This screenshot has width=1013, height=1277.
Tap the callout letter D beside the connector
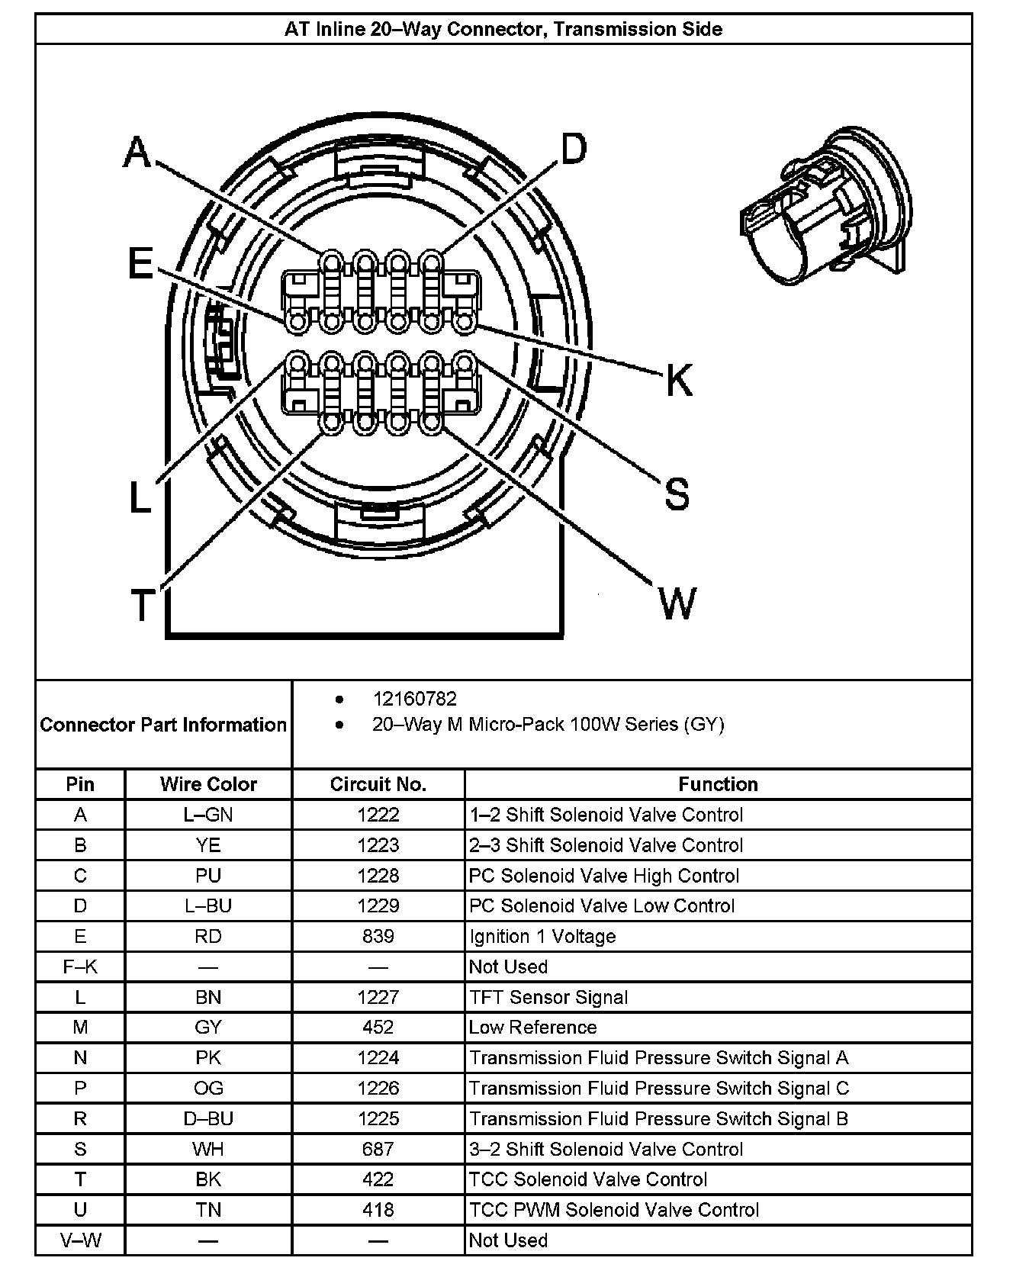tap(574, 149)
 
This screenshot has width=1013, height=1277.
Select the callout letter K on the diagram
tap(678, 379)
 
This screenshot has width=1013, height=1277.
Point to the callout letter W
tap(677, 603)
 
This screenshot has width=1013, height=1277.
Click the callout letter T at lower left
tap(142, 605)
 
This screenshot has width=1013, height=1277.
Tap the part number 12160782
tap(414, 699)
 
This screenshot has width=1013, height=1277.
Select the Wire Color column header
tap(208, 784)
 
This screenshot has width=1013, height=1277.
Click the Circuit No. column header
tap(378, 784)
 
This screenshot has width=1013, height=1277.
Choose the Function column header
tap(718, 784)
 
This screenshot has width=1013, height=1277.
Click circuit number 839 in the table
tap(378, 936)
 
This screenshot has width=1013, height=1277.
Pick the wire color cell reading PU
tap(208, 876)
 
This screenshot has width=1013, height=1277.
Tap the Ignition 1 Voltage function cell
tap(542, 936)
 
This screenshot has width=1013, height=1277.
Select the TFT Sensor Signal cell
tap(548, 997)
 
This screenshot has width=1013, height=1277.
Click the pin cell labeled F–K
tap(80, 967)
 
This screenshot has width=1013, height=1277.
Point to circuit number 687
tap(378, 1149)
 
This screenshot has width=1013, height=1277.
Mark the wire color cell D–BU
tap(208, 1118)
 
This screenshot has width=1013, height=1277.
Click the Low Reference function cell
tap(532, 1028)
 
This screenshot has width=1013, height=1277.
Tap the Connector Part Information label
tap(163, 725)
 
